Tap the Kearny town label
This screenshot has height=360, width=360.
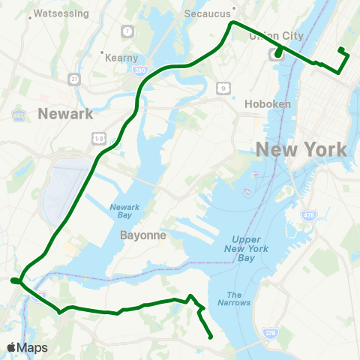(x=121, y=58)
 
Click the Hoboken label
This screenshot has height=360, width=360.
(x=267, y=104)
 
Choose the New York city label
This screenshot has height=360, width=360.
(x=301, y=148)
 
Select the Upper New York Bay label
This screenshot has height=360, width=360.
(x=245, y=248)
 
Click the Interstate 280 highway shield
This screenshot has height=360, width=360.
(x=140, y=70)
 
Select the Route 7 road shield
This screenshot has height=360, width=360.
(x=128, y=31)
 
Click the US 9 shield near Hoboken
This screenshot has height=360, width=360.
(x=223, y=88)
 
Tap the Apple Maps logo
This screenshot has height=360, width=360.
(x=28, y=347)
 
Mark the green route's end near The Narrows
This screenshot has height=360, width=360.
(x=210, y=337)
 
